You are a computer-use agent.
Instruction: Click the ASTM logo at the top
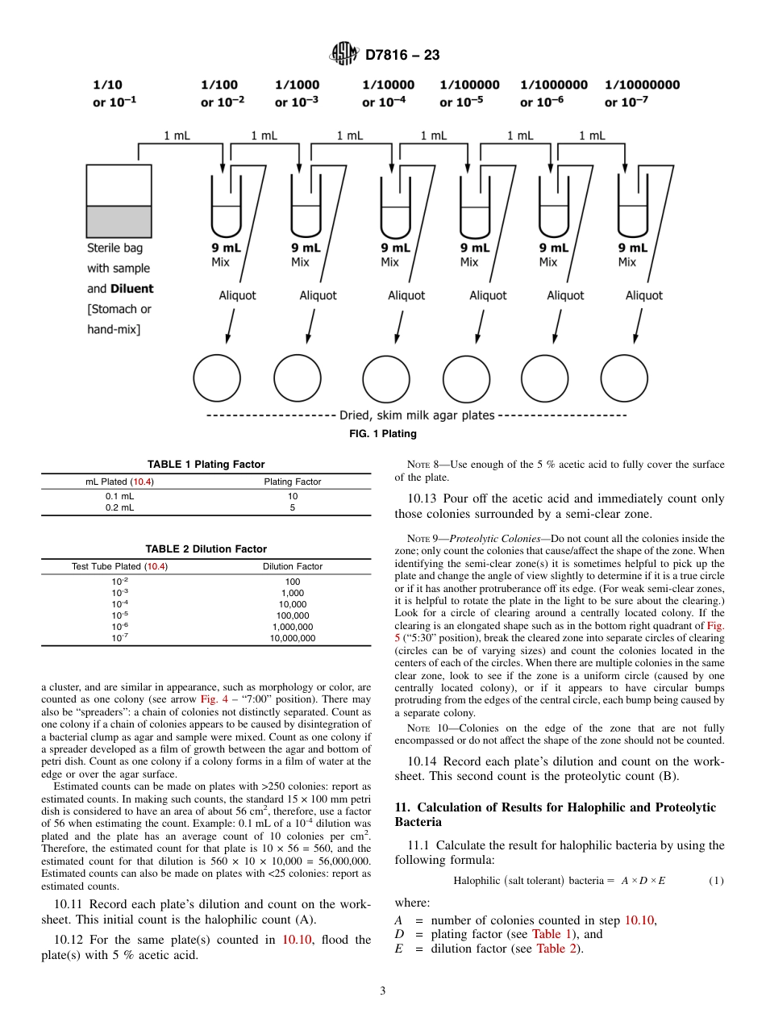(x=344, y=55)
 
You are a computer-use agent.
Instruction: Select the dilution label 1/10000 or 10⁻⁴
(x=388, y=94)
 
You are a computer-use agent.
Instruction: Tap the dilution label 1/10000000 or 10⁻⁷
(x=642, y=94)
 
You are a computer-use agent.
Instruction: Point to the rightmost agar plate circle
(x=625, y=377)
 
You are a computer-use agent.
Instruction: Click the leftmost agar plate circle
(x=217, y=377)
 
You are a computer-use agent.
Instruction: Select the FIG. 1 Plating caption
(x=382, y=434)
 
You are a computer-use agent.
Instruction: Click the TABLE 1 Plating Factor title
(x=206, y=464)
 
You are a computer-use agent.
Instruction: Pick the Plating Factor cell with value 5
(x=292, y=508)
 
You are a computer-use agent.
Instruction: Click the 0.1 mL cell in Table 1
(x=120, y=496)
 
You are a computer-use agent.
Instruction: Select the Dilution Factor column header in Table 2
(x=292, y=566)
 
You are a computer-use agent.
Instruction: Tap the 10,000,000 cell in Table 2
(x=292, y=638)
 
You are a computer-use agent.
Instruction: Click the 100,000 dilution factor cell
(x=292, y=615)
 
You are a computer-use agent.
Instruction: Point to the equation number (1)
(x=716, y=881)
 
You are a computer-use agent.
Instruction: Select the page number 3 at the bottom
(x=382, y=991)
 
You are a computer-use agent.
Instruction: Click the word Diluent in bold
(x=131, y=289)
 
